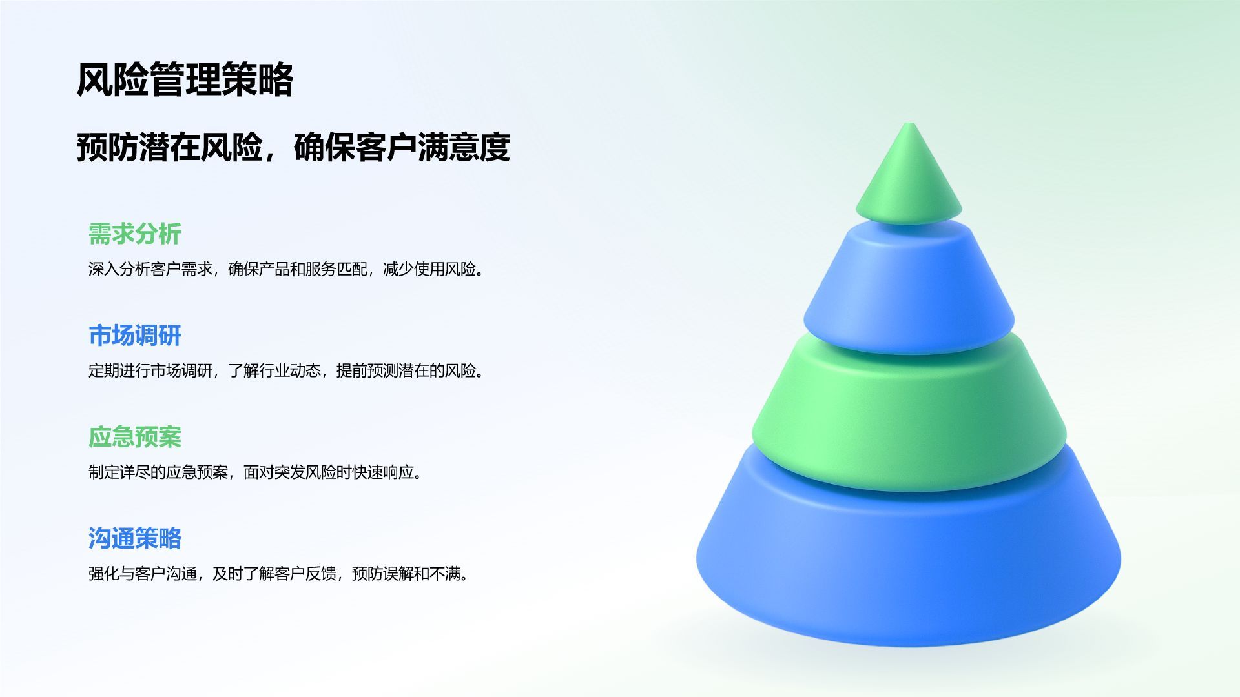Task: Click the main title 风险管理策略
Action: click(185, 80)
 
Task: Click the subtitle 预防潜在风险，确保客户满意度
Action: click(293, 147)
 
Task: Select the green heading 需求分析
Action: click(134, 234)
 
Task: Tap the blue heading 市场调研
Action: click(134, 336)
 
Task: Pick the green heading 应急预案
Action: click(134, 437)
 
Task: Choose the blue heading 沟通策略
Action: click(134, 538)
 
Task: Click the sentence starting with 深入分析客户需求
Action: click(286, 269)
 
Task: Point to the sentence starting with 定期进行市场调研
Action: click(286, 370)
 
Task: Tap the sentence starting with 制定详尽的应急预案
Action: click(256, 472)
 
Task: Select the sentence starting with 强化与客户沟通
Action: click(278, 574)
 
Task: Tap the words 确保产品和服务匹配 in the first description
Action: click(298, 269)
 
